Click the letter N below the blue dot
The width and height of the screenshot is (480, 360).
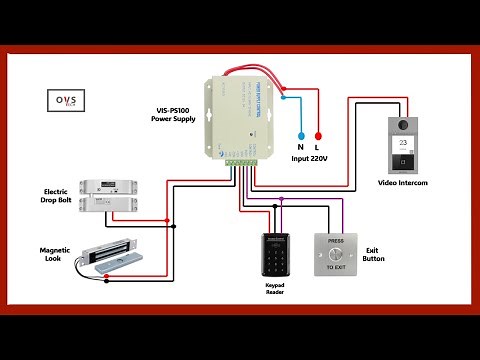[x=299, y=147]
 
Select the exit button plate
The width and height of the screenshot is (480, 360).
[x=336, y=255]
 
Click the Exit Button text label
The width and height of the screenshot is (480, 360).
[x=374, y=253]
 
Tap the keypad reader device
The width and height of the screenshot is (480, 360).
[x=276, y=255]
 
